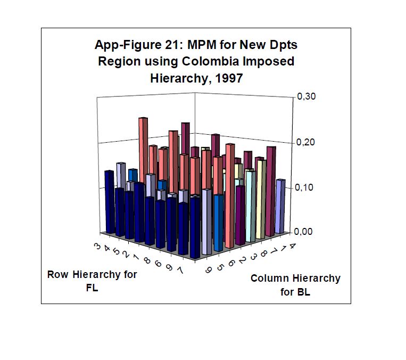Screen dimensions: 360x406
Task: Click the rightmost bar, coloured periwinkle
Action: click(x=280, y=208)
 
